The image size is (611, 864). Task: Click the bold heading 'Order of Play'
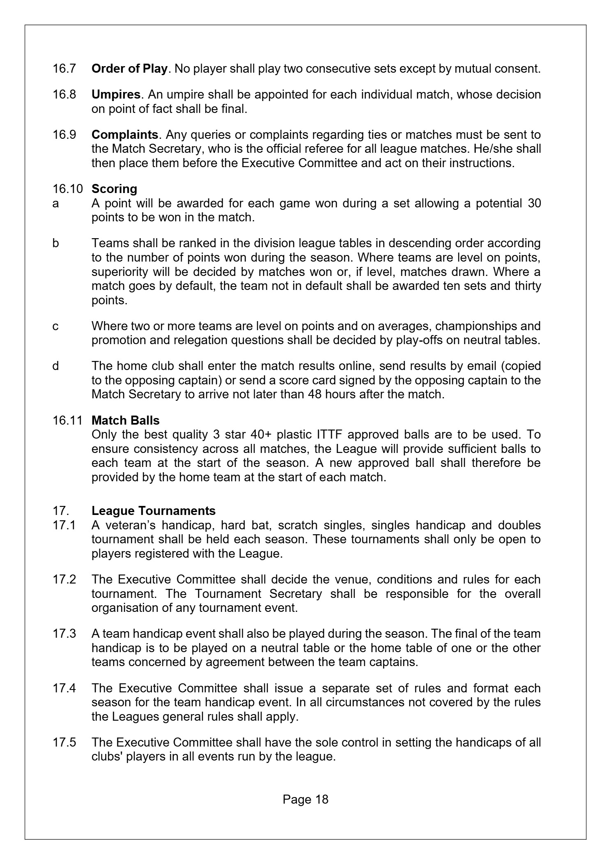(129, 69)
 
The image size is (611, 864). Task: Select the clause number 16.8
(64, 94)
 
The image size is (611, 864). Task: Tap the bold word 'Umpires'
(116, 95)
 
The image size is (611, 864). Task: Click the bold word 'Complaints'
(124, 135)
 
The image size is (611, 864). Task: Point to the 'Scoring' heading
(114, 189)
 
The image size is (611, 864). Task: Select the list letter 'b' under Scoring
(55, 243)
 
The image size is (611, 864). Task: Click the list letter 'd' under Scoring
(55, 365)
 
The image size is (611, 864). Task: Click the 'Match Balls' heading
(125, 420)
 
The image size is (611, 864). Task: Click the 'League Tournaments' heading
(153, 510)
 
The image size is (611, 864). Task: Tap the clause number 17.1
(64, 525)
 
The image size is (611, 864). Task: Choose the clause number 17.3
(64, 634)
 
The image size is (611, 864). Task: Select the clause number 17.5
(64, 742)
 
